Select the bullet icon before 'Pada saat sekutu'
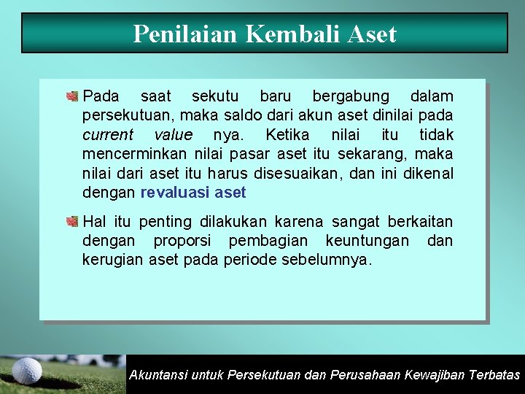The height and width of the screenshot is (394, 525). click(72, 97)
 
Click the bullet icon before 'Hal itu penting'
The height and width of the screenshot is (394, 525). click(72, 222)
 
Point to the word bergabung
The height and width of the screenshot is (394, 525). click(351, 97)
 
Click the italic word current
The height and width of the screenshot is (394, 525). click(108, 135)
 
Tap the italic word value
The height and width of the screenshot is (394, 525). click(174, 135)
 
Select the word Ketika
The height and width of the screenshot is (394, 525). click(288, 135)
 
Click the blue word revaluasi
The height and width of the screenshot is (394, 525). click(175, 193)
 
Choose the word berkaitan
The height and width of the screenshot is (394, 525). click(420, 222)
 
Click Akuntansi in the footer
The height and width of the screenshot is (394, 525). click(157, 375)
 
